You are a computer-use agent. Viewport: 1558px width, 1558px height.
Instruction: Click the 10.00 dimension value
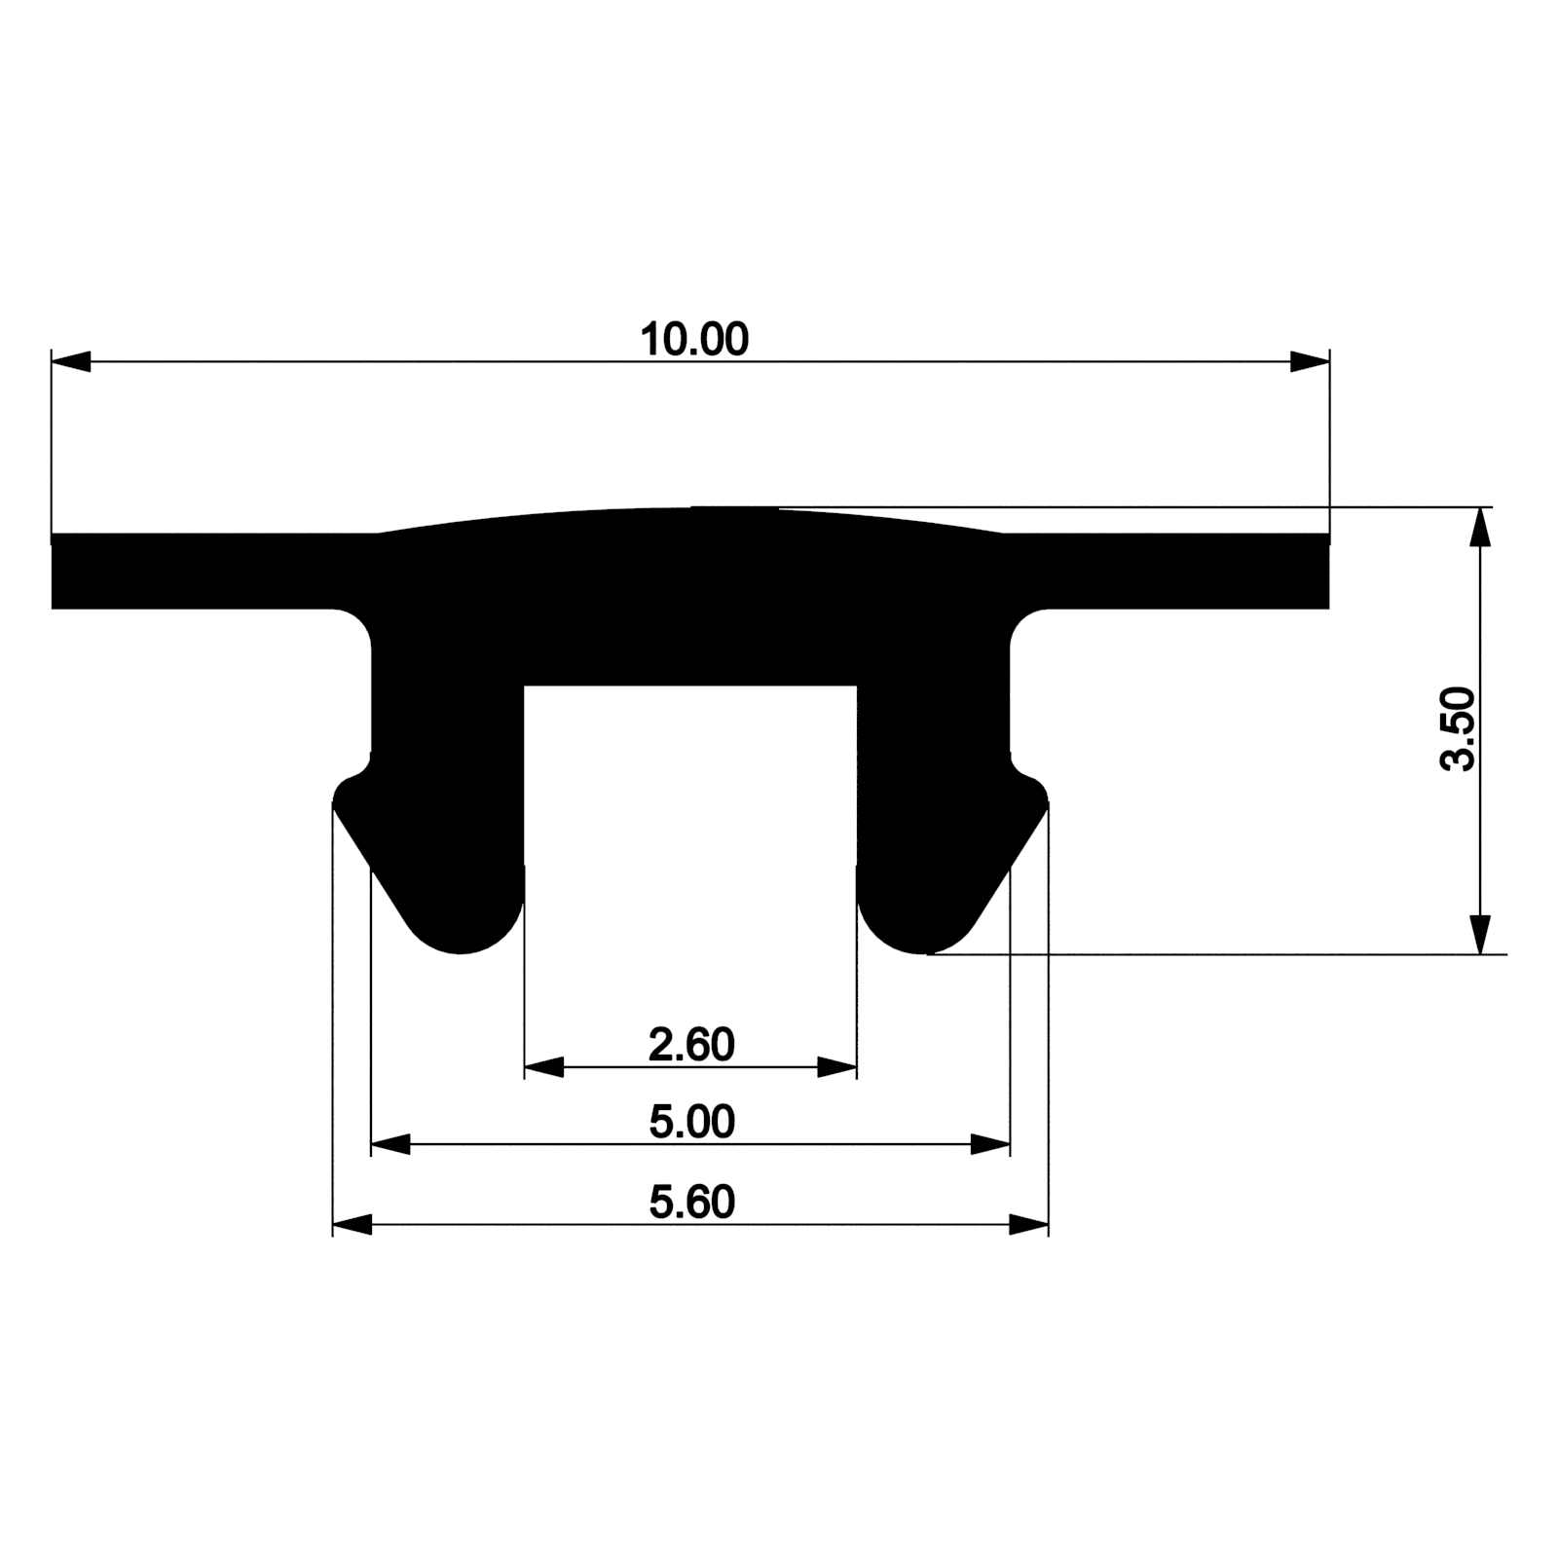[694, 340]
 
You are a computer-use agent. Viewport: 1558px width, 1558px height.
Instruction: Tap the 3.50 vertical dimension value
[1459, 728]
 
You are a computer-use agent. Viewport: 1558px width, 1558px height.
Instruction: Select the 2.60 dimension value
[691, 1045]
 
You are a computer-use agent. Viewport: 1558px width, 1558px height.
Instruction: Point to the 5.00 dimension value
[691, 1123]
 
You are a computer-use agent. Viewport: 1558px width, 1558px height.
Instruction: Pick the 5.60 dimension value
[691, 1203]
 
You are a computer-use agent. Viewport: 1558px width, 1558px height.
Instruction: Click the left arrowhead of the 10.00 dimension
[71, 361]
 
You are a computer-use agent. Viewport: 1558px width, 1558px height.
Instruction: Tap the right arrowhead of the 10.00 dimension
[1310, 361]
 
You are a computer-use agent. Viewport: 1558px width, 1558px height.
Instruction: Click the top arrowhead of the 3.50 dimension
[1480, 527]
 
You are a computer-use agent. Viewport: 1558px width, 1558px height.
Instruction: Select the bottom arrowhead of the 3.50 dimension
[1480, 935]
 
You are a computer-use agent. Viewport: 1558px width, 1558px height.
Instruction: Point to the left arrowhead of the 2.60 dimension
[544, 1067]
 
